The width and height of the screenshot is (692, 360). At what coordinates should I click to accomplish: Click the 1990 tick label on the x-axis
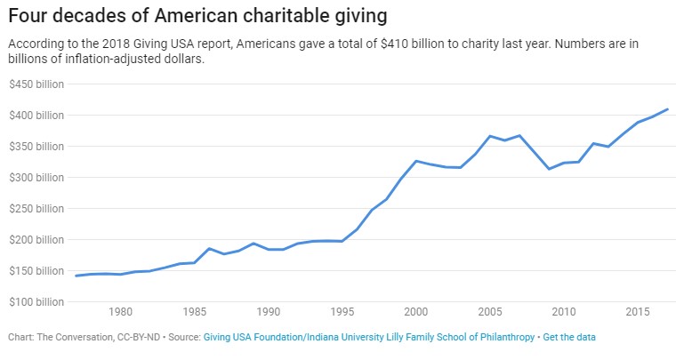point(268,312)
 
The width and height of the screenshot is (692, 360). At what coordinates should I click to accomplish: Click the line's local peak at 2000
point(416,161)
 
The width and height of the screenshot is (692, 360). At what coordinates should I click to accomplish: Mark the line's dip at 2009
point(549,169)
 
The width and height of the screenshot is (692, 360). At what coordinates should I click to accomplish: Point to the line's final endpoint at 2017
point(667,109)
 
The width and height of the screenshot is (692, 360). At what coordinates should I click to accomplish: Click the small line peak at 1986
point(209,248)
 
